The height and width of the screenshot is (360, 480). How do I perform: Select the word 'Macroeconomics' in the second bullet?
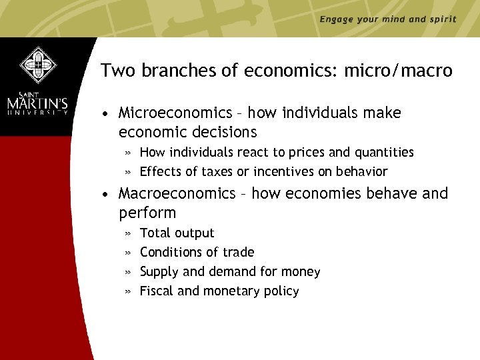tap(177, 193)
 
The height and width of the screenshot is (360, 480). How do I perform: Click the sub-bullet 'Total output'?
tap(177, 233)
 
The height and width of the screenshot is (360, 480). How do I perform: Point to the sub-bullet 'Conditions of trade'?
tap(197, 252)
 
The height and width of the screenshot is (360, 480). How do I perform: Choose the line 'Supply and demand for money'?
tap(230, 271)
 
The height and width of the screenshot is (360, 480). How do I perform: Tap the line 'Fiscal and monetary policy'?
tap(219, 291)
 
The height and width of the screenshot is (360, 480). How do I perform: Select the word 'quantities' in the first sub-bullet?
tap(383, 152)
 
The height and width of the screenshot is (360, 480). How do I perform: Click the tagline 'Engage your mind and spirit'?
tap(388, 19)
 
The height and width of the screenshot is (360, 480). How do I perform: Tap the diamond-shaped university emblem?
tap(38, 65)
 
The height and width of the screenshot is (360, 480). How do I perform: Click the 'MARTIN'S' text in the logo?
tap(38, 104)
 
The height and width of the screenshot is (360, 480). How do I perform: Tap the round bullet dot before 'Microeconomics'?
tap(106, 114)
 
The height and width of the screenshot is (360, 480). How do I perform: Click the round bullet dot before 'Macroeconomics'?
tap(106, 194)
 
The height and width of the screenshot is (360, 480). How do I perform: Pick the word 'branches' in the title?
tap(166, 71)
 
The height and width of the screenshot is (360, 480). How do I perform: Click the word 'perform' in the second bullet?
tap(147, 213)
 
